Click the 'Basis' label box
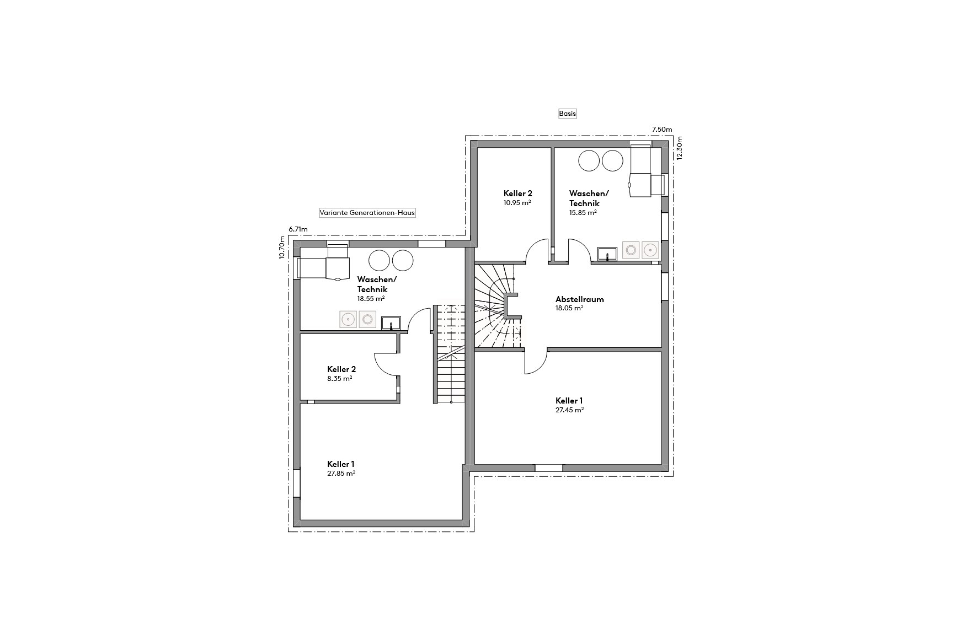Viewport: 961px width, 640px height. point(567,114)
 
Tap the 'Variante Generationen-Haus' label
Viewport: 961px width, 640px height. point(367,213)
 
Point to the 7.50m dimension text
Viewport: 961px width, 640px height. point(662,130)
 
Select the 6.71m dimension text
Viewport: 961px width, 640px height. point(298,229)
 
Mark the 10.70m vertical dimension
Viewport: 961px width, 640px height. point(282,248)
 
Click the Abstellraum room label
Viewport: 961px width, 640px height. point(579,299)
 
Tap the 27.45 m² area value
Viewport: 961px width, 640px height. point(569,410)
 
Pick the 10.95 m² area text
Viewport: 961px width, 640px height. point(516,203)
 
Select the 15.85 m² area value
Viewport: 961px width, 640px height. point(583,212)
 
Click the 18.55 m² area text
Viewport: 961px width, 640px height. point(371,299)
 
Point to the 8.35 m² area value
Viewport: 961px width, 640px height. point(339,379)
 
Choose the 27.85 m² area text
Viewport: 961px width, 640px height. point(341,474)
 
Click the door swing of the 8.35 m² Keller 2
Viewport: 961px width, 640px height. point(385,364)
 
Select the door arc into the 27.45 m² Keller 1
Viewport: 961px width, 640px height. point(535,364)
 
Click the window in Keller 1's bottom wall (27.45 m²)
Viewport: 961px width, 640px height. point(548,468)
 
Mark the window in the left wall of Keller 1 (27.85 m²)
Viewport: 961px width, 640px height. point(297,483)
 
